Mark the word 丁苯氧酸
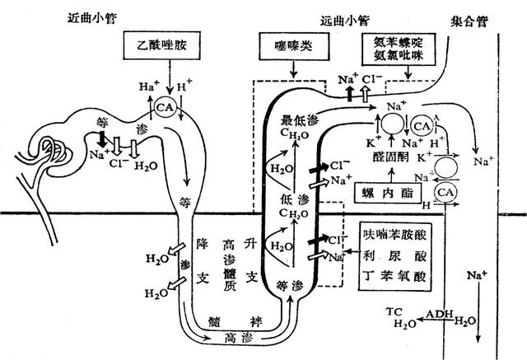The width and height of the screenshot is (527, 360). click(x=395, y=276)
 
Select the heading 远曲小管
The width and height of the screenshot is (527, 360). click(x=344, y=18)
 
